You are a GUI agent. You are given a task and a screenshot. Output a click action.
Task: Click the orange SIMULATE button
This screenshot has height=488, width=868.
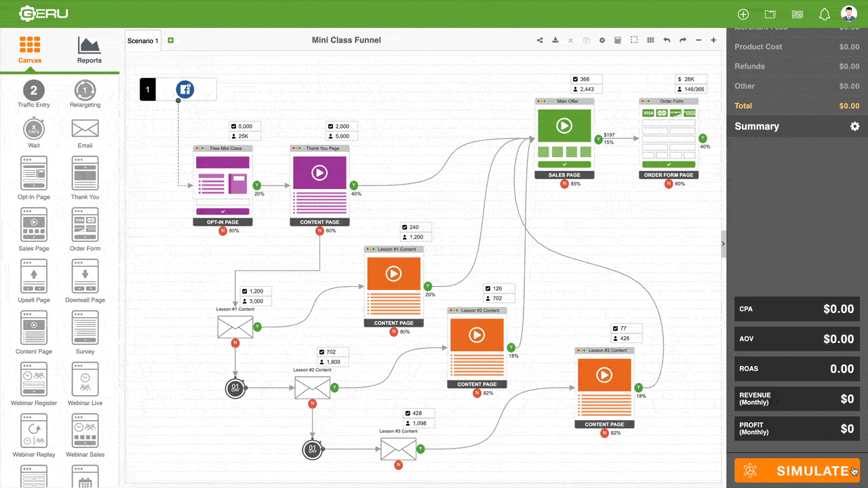(797, 471)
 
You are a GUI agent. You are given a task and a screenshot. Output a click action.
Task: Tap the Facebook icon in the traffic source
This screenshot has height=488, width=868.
(185, 89)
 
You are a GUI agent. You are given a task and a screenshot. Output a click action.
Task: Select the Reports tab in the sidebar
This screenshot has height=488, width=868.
(89, 50)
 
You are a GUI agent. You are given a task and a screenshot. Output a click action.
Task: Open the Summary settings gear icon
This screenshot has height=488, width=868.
(854, 127)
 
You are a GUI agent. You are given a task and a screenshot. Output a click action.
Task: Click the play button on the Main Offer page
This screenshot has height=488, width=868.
(564, 126)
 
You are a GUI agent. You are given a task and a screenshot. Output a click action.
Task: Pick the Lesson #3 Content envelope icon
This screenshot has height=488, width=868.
(398, 449)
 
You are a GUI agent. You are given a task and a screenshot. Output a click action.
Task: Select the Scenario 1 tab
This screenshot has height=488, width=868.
(143, 41)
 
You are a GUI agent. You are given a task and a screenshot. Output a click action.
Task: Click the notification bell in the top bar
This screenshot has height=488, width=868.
(825, 14)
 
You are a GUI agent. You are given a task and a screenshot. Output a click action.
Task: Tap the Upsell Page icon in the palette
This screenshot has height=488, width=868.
(34, 278)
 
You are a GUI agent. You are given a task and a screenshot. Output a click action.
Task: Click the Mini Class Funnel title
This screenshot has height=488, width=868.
(346, 40)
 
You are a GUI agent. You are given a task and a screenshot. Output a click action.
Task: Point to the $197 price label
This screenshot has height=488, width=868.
(609, 135)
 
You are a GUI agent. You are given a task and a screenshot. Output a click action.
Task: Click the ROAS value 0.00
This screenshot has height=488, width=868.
(842, 369)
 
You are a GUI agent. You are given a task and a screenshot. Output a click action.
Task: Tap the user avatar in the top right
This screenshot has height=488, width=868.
(848, 14)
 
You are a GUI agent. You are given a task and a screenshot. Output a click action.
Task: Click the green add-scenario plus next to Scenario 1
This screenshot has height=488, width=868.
(170, 41)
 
